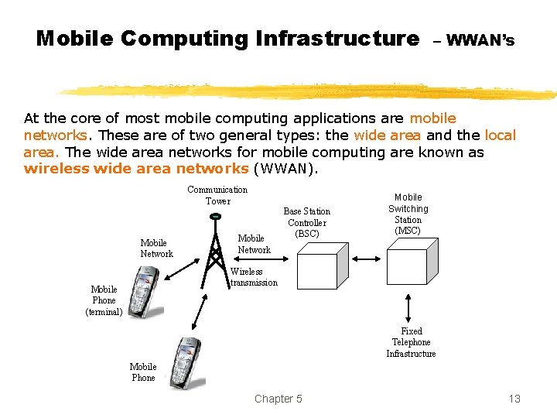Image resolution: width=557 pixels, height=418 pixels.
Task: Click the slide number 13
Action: pyautogui.click(x=514, y=399)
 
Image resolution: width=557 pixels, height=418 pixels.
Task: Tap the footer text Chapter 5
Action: pyautogui.click(x=278, y=399)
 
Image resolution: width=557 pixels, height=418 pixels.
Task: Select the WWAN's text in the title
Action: pyautogui.click(x=480, y=39)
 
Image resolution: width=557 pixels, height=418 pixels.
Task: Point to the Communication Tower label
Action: pyautogui.click(x=217, y=195)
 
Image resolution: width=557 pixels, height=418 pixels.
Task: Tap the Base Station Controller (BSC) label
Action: pyautogui.click(x=306, y=222)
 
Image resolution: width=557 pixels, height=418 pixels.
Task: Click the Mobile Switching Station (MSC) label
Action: pyautogui.click(x=408, y=214)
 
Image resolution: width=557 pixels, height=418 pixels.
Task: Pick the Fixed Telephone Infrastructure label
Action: pyautogui.click(x=411, y=342)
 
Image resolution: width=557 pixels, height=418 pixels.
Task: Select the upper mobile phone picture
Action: pyautogui.click(x=145, y=292)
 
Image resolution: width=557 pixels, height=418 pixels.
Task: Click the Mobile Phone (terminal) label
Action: pyautogui.click(x=104, y=300)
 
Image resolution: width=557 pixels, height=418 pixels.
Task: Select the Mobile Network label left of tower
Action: pyautogui.click(x=156, y=248)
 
